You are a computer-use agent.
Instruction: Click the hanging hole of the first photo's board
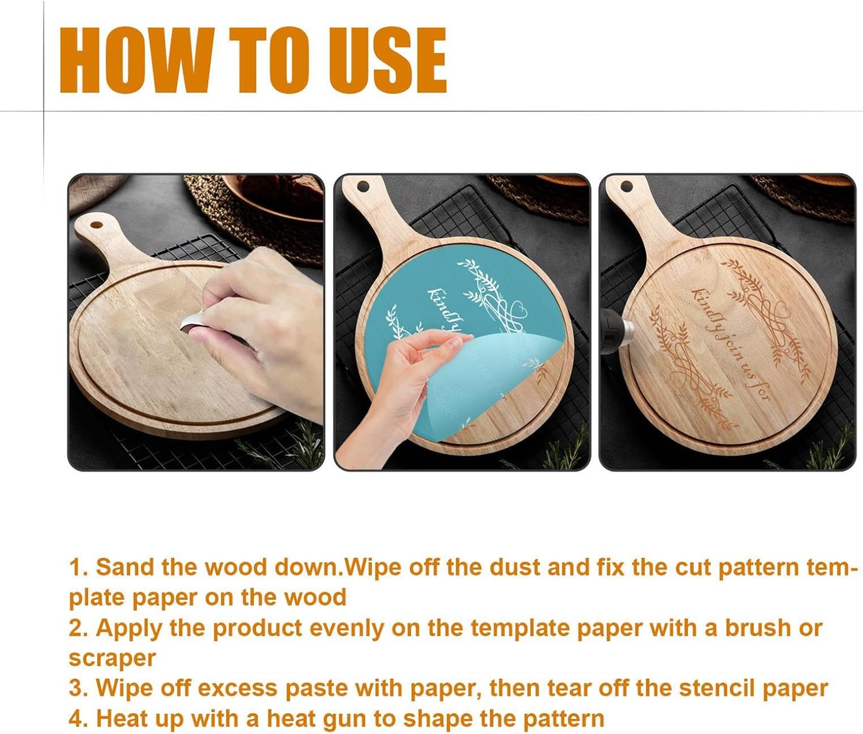(x=97, y=225)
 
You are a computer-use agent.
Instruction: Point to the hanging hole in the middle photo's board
(x=363, y=186)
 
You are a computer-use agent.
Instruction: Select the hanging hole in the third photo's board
(x=627, y=186)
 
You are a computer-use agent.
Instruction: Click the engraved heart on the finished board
(x=783, y=308)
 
